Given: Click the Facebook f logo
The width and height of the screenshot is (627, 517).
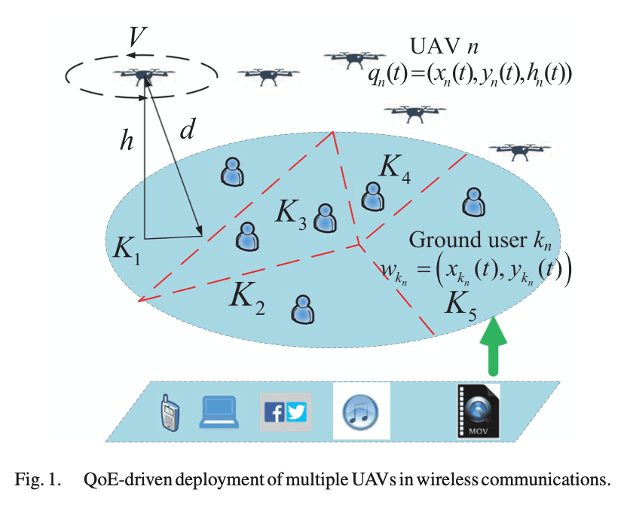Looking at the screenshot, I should tap(274, 411).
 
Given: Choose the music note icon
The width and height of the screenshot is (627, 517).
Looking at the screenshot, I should tap(362, 411).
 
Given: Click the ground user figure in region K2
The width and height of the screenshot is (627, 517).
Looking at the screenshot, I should tap(303, 308).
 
